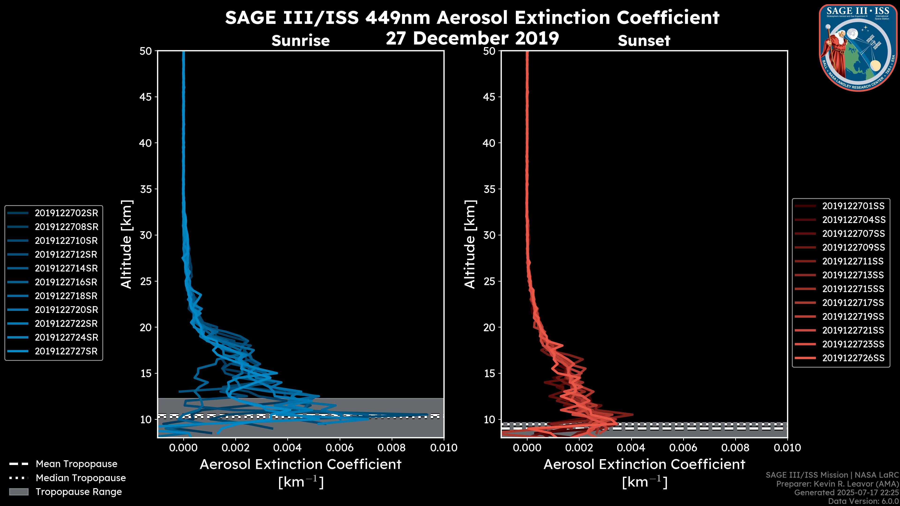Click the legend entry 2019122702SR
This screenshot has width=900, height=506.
(66, 213)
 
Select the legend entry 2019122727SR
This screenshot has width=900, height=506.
(66, 351)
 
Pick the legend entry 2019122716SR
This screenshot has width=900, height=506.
(66, 282)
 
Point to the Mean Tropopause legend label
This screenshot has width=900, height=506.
(76, 464)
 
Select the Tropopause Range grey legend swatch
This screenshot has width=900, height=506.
(19, 492)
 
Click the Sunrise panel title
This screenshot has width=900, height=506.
(300, 41)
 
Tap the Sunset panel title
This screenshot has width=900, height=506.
(644, 41)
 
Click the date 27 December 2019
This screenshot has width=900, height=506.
(472, 38)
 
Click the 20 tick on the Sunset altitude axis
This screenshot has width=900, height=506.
(489, 327)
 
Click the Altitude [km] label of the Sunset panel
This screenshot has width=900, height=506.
(470, 244)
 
